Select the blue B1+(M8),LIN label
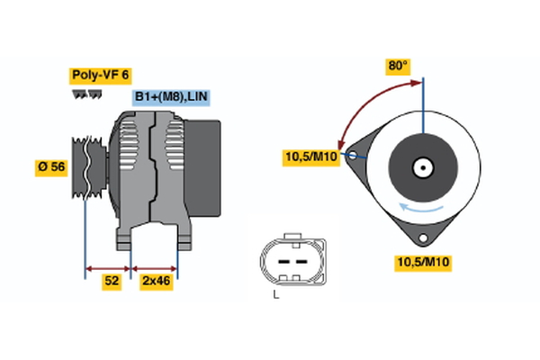pyautogui.click(x=171, y=96)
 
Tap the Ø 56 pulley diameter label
pyautogui.click(x=52, y=167)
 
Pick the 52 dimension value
pyautogui.click(x=112, y=282)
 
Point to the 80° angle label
pyautogui.click(x=398, y=66)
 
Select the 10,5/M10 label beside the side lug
pyautogui.click(x=311, y=158)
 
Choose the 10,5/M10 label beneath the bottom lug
pyautogui.click(x=423, y=262)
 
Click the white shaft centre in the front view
pyautogui.click(x=421, y=167)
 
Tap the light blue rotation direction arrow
pyautogui.click(x=423, y=207)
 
